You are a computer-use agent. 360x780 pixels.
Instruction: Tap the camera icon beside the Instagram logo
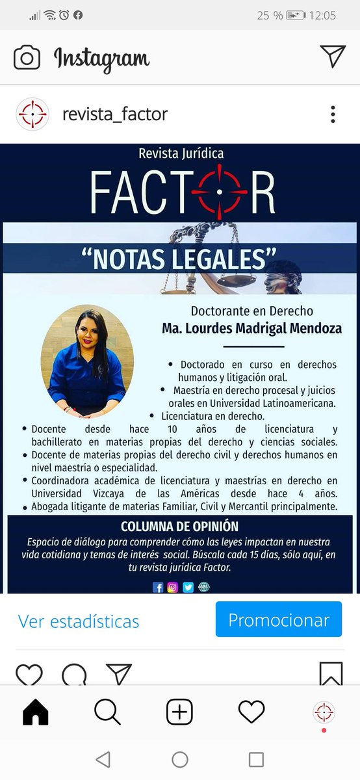click(x=27, y=58)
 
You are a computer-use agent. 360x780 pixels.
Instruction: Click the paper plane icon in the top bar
click(x=333, y=57)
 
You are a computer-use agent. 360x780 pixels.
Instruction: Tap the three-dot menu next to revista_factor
click(x=333, y=114)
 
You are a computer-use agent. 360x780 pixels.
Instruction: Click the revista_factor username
click(x=114, y=114)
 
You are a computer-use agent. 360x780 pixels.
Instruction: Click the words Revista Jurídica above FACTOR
click(x=181, y=153)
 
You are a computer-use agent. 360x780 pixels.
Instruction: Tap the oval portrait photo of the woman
click(x=87, y=360)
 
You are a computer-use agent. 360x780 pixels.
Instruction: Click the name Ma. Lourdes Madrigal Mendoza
click(x=251, y=329)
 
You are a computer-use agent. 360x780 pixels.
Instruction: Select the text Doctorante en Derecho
click(x=251, y=311)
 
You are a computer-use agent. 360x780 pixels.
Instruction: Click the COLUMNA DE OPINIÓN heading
click(x=179, y=526)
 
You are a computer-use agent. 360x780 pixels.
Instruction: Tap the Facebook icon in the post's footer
click(x=158, y=587)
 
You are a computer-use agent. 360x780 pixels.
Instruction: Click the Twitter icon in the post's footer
click(x=188, y=587)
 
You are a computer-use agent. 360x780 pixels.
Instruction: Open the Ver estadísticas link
click(x=79, y=621)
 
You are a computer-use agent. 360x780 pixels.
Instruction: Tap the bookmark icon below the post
click(x=331, y=674)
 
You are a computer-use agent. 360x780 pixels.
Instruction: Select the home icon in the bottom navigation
click(x=36, y=712)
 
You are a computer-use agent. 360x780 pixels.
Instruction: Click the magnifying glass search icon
click(x=107, y=712)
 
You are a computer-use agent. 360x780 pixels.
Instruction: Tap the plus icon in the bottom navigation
click(x=179, y=712)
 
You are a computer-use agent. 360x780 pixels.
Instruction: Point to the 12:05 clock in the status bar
click(x=323, y=15)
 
